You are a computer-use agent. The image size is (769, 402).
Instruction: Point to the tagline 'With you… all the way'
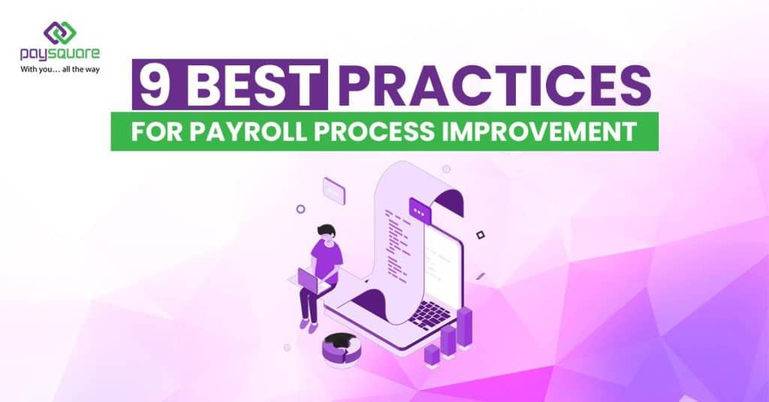[59, 70]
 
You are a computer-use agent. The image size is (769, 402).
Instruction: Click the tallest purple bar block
[465, 325]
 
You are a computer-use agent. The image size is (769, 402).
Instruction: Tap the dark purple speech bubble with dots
[420, 211]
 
